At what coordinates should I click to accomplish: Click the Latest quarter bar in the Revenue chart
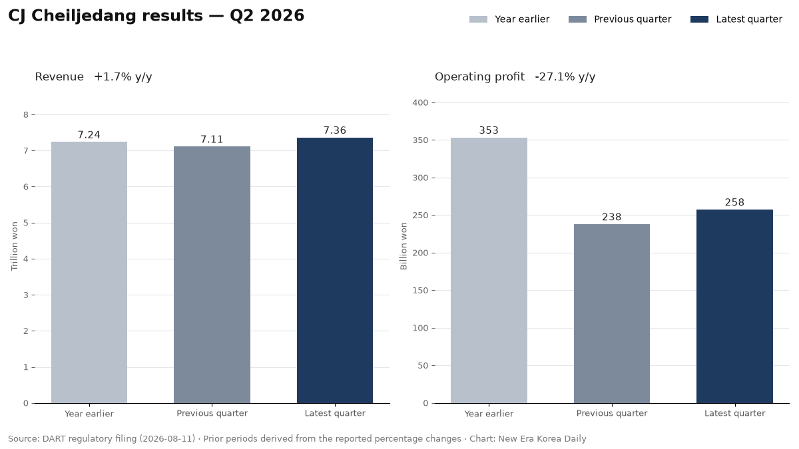click(334, 271)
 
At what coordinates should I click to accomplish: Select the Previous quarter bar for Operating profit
click(612, 313)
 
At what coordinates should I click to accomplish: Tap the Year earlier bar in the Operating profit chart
click(489, 271)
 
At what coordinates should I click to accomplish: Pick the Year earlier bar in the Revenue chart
click(89, 273)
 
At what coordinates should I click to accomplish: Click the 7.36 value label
click(334, 130)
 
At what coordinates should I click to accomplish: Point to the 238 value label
click(612, 217)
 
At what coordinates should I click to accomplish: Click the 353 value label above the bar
click(489, 130)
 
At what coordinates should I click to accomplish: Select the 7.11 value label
click(212, 139)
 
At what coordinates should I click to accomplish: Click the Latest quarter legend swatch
click(700, 19)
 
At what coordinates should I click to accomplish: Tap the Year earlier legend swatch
click(478, 19)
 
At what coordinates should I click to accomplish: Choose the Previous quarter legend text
click(633, 19)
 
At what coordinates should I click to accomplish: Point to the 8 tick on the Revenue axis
click(26, 114)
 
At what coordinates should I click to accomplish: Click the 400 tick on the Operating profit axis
click(420, 102)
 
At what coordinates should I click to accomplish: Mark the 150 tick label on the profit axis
click(420, 291)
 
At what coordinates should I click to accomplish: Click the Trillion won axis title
click(14, 246)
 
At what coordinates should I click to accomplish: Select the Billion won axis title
click(403, 246)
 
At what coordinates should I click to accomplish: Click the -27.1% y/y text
click(565, 76)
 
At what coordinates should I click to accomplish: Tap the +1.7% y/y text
click(123, 76)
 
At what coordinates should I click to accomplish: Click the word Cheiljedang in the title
click(117, 16)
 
